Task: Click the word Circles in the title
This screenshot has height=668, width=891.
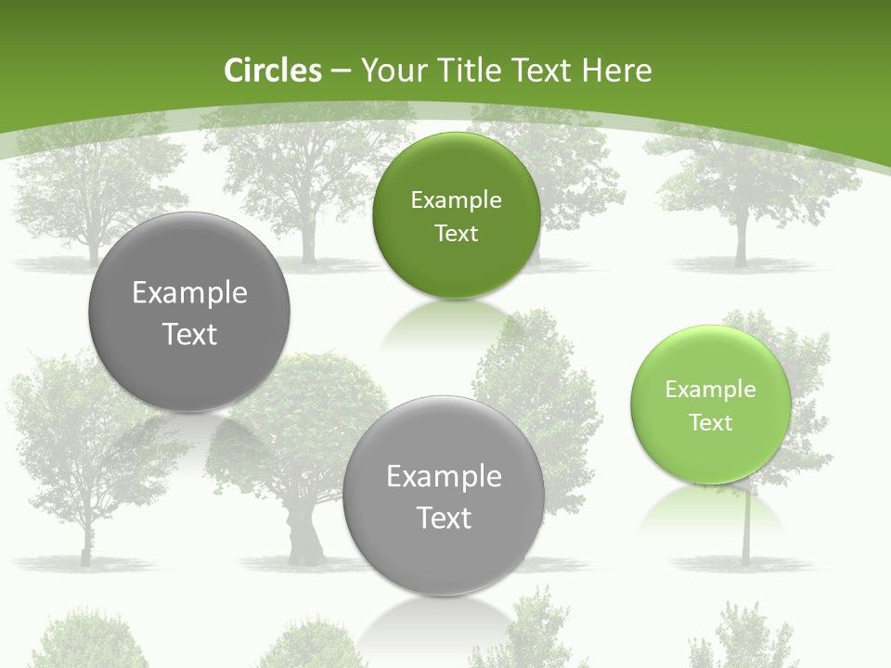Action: point(273,71)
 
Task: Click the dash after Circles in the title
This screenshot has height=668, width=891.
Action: point(341,71)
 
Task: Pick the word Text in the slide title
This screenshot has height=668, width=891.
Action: point(542,71)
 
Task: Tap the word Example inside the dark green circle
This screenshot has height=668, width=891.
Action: point(456,200)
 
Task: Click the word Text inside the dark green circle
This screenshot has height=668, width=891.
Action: point(456,234)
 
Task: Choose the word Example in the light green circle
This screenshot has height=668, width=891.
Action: point(711,390)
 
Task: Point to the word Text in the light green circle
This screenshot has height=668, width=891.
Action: point(711,423)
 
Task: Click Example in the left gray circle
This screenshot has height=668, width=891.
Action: point(189,293)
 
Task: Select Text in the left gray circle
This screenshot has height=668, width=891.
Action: point(189,334)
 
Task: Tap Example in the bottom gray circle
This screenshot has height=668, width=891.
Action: point(444,477)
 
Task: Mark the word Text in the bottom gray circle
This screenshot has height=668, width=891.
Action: point(444,518)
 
